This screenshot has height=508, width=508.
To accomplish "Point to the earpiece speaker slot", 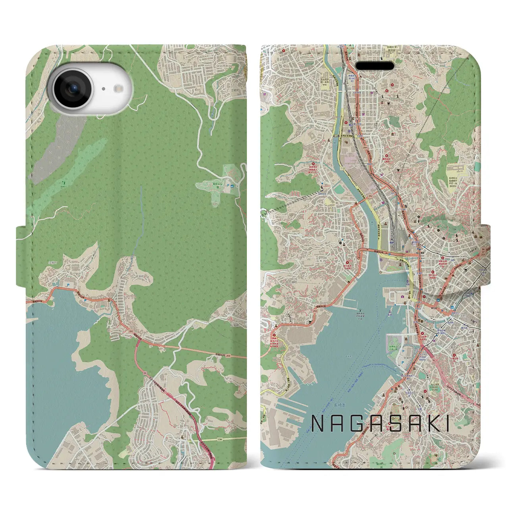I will pos(374,65).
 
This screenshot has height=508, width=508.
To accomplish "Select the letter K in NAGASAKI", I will pos(430,424).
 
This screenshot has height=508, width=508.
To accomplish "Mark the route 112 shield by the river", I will pos(342,168).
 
